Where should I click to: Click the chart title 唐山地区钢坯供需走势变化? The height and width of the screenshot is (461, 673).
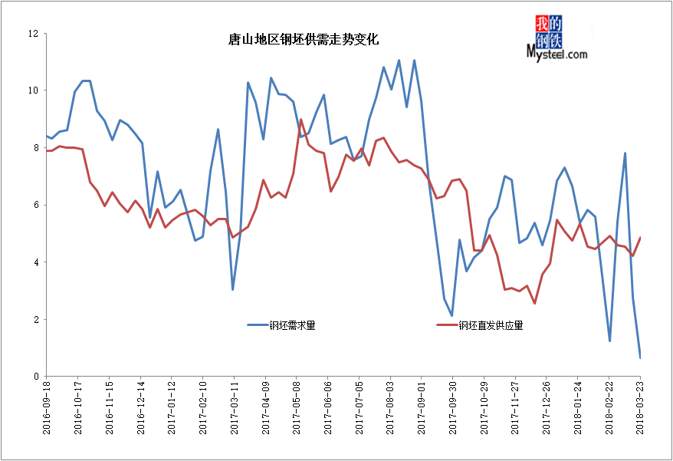[x=304, y=39]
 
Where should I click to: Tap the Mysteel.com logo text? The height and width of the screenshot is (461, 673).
[x=557, y=54]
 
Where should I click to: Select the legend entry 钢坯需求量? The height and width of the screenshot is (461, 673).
[x=292, y=325]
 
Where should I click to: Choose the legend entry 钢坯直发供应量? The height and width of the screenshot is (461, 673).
[x=491, y=325]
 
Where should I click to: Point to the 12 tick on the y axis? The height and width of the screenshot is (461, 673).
[x=33, y=34]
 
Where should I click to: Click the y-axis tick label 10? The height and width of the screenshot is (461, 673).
[x=33, y=91]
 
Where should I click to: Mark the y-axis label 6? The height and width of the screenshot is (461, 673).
[x=35, y=205]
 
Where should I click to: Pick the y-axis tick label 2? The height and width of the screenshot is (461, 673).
[x=35, y=319]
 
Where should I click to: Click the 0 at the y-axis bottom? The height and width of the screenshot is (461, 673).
[x=35, y=377]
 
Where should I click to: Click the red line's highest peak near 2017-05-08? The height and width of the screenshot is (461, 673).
[x=301, y=120]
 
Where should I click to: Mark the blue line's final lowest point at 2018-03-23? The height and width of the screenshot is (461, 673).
[x=640, y=357]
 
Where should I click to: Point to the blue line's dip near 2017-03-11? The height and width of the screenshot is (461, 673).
[x=233, y=289]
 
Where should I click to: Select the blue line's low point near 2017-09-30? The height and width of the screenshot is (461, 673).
[x=452, y=315]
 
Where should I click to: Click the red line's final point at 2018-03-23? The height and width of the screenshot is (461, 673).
[x=640, y=238]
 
